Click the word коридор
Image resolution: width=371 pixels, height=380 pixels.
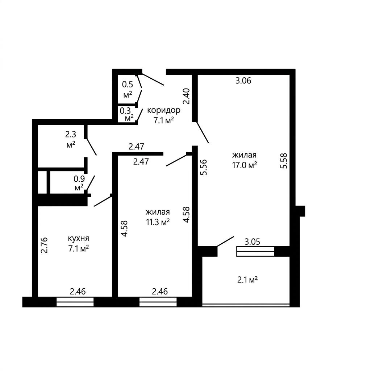tap(164, 110)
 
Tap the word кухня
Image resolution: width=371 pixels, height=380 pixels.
tap(78, 239)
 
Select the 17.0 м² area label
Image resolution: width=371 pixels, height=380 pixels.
tap(244, 165)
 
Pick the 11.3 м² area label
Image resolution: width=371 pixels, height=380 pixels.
tap(157, 222)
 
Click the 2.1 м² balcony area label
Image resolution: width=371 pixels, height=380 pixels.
tap(247, 280)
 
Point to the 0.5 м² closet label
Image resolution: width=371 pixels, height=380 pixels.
tap(128, 90)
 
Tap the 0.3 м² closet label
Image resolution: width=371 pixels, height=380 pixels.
tap(128, 114)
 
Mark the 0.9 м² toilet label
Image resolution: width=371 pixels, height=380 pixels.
tap(79, 183)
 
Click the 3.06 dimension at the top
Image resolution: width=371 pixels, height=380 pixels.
tap(243, 81)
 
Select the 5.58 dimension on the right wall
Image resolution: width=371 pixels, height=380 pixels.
tap(284, 161)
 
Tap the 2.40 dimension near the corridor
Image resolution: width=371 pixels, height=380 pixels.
tap(187, 96)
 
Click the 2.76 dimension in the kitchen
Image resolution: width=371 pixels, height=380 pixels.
tap(44, 245)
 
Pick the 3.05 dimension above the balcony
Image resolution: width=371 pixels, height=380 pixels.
tap(252, 241)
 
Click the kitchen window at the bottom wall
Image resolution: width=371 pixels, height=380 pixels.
tap(75, 302)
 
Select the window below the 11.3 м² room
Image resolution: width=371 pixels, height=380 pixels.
tap(158, 302)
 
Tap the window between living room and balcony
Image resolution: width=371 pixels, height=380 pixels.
tap(255, 251)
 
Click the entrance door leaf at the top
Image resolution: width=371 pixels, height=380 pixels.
tap(152, 79)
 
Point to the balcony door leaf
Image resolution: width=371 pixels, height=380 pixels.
tap(225, 241)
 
